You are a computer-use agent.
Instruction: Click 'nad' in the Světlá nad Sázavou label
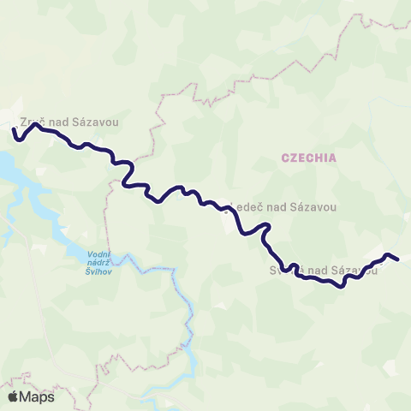[x=319, y=271]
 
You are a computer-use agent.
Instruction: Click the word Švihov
[x=101, y=273]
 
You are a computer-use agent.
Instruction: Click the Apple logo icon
[x=15, y=396]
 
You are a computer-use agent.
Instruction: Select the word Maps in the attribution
[x=38, y=396]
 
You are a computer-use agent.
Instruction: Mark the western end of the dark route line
[x=15, y=131]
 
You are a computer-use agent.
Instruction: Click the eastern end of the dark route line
[x=398, y=259]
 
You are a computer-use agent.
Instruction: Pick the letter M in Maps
[x=27, y=396]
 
